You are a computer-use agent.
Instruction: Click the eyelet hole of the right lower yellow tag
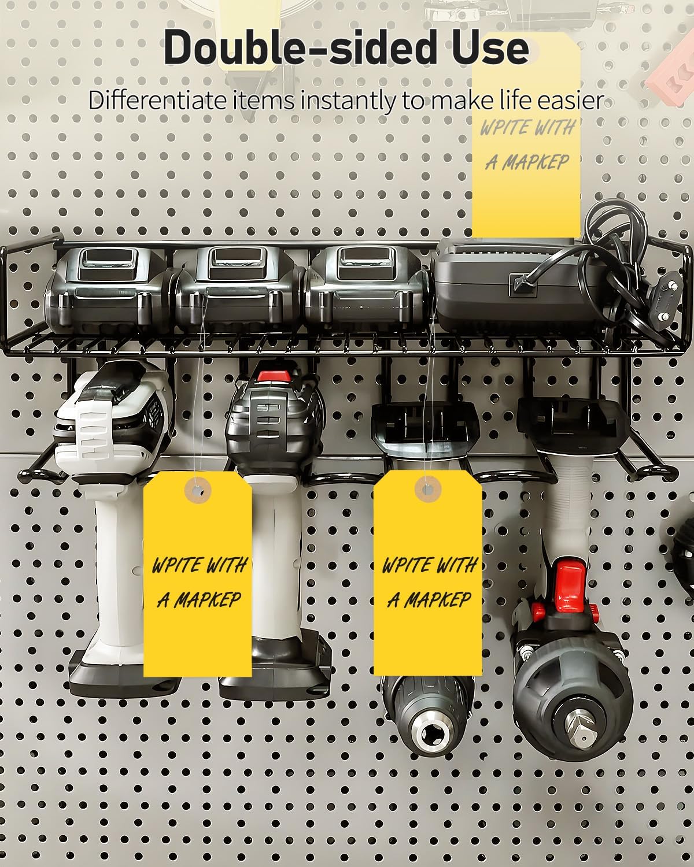coord(427,490)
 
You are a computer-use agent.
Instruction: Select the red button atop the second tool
coord(274,376)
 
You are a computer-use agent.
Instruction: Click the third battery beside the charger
coord(369,288)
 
